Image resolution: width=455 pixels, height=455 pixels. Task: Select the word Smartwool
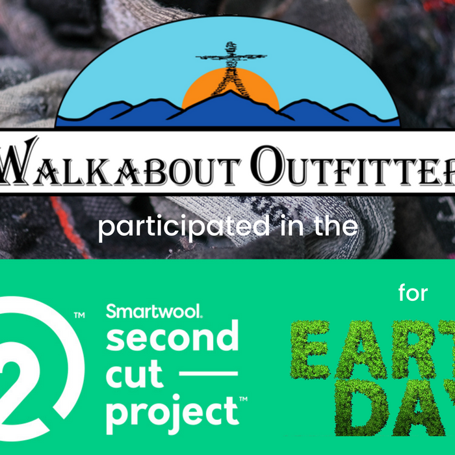pos(153,311)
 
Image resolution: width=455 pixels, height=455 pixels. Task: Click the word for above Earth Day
pos(413,294)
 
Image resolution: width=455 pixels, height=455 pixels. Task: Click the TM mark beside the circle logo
pos(80,315)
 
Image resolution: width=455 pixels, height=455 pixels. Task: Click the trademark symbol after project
pos(244,398)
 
